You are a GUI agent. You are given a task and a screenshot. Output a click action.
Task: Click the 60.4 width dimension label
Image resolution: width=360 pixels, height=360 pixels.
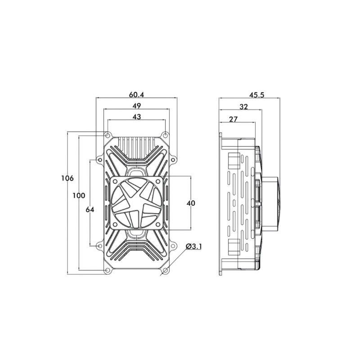[x=136, y=94]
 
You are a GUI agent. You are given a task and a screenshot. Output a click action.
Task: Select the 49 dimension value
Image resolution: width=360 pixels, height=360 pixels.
[x=137, y=106]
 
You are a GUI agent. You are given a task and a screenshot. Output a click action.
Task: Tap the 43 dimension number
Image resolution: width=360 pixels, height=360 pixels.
[x=137, y=117]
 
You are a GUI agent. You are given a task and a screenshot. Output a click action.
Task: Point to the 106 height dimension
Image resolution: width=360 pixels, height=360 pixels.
[x=67, y=178]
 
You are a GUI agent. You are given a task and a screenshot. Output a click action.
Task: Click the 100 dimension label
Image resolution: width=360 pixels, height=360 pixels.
[x=79, y=196]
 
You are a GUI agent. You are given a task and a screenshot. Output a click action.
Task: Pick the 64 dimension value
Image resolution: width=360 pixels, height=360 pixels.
[x=90, y=210]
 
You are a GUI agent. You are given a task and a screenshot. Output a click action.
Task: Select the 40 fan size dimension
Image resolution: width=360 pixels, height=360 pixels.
[x=191, y=203]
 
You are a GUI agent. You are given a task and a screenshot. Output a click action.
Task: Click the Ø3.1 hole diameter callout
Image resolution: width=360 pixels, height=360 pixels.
[x=193, y=247]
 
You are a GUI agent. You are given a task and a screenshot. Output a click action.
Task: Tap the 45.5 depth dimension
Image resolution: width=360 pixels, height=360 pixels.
[x=257, y=94]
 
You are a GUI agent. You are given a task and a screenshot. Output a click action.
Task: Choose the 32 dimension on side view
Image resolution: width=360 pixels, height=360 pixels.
[x=243, y=107]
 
